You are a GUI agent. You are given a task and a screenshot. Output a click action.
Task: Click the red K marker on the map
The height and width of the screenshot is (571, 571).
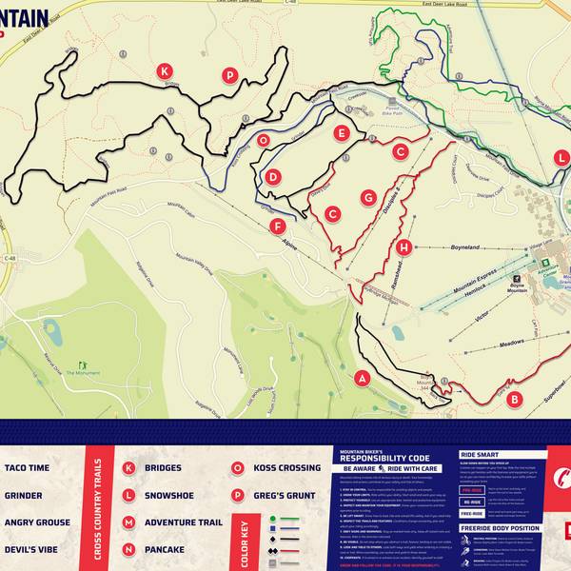165,71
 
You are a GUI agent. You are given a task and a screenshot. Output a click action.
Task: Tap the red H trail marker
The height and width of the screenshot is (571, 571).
404,247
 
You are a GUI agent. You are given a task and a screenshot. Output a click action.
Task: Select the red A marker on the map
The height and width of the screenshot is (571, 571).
361,379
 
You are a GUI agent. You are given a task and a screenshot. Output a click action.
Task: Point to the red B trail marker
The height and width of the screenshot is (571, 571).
514,400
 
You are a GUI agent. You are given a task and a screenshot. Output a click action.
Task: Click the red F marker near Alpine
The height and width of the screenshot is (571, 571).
277,226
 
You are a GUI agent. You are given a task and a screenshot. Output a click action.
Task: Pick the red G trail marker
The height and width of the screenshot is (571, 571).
368,197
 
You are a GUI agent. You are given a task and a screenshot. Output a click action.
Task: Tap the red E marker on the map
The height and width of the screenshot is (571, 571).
341,133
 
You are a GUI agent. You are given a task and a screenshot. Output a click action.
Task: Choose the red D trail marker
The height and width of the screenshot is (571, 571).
273,176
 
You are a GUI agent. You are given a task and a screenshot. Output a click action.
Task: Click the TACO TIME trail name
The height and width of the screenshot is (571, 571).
27,468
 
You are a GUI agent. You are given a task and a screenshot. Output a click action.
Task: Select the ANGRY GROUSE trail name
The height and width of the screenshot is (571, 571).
37,522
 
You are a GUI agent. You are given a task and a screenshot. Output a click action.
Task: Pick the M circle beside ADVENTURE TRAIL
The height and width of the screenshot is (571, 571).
128,522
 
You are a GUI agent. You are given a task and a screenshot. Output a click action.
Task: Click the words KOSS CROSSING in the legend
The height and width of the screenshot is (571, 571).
286,468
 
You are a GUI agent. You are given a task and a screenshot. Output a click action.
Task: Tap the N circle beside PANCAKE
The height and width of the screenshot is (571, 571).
128,549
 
